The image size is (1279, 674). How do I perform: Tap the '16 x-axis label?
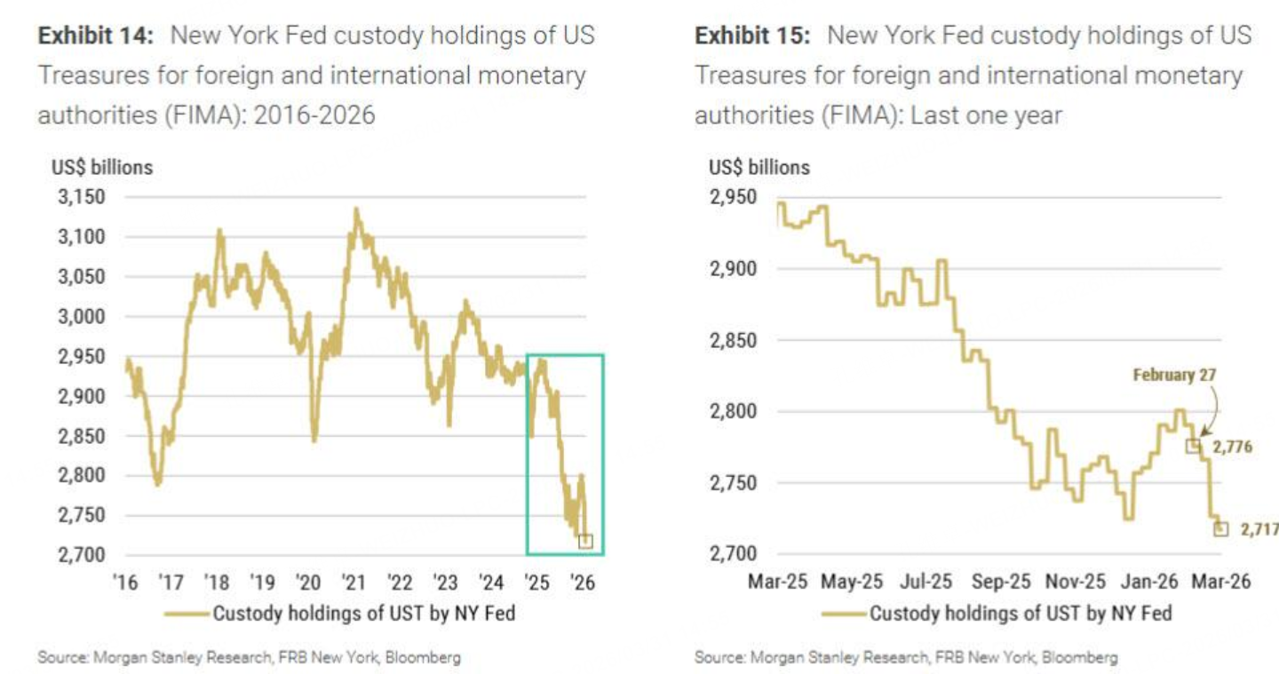point(125,583)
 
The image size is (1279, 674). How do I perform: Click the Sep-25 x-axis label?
point(1000,582)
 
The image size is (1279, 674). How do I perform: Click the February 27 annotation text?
point(1174,376)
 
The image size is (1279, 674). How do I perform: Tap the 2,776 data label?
point(1233,447)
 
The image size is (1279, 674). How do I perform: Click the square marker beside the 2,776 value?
point(1193,446)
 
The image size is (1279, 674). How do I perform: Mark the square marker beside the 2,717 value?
point(1220,528)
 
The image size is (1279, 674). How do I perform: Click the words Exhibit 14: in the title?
point(97,36)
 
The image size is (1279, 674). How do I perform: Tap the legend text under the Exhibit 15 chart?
point(1021,614)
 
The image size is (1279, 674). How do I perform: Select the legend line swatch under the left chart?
point(187,614)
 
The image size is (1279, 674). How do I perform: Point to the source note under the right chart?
point(906,658)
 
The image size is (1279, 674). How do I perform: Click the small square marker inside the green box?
point(584,541)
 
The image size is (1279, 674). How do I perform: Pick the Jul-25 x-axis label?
point(925,582)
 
